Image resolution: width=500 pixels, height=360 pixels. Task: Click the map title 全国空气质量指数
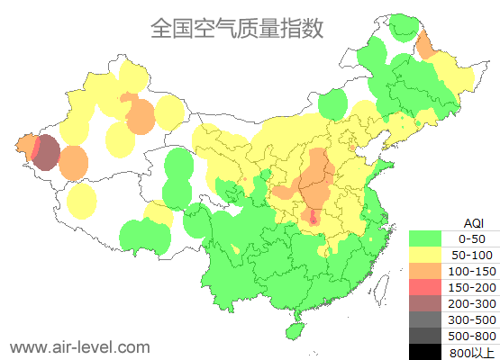pyautogui.click(x=237, y=28)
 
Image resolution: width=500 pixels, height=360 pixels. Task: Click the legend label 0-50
pyautogui.click(x=472, y=238)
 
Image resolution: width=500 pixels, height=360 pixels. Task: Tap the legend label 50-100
pyautogui.click(x=472, y=255)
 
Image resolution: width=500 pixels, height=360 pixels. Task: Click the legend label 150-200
pyautogui.click(x=472, y=286)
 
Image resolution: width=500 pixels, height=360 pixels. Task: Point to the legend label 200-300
pyautogui.click(x=472, y=302)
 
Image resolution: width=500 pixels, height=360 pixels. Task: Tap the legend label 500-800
pyautogui.click(x=472, y=335)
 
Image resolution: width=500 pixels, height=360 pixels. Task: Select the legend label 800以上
pyautogui.click(x=472, y=351)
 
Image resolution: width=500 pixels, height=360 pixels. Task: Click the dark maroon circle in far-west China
pyautogui.click(x=46, y=152)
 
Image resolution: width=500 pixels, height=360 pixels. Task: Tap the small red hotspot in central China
pyautogui.click(x=314, y=217)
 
